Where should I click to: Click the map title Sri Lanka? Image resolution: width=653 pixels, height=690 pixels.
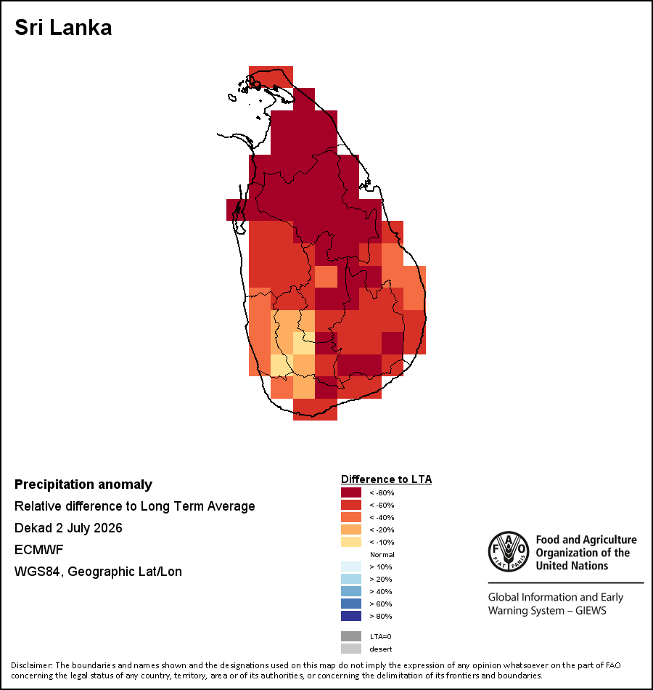pyautogui.click(x=63, y=28)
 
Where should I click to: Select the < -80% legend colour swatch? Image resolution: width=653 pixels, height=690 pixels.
pyautogui.click(x=351, y=492)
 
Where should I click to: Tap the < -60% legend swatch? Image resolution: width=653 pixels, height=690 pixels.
pyautogui.click(x=351, y=505)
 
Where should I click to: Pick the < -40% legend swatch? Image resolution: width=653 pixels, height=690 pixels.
pyautogui.click(x=351, y=517)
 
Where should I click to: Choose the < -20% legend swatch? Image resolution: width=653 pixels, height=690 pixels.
pyautogui.click(x=351, y=529)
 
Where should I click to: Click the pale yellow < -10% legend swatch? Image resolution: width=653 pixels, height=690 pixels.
pyautogui.click(x=351, y=542)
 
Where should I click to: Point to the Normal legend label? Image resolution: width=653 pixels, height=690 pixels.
pyautogui.click(x=382, y=554)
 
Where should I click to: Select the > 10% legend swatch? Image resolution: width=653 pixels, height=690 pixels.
pyautogui.click(x=351, y=567)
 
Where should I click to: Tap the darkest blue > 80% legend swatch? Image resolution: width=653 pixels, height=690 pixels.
pyautogui.click(x=351, y=616)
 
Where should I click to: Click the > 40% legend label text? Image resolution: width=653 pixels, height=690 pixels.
pyautogui.click(x=381, y=591)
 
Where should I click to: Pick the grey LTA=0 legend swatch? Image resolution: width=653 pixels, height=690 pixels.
pyautogui.click(x=351, y=636)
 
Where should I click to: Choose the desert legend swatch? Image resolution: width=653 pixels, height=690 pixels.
pyautogui.click(x=351, y=649)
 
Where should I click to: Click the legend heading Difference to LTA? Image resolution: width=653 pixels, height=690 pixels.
pyautogui.click(x=386, y=479)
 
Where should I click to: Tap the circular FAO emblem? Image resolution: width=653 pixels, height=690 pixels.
pyautogui.click(x=509, y=551)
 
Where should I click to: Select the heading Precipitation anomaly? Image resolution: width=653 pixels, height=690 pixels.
pyautogui.click(x=83, y=484)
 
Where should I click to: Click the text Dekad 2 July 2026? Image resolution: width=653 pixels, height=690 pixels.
pyautogui.click(x=68, y=527)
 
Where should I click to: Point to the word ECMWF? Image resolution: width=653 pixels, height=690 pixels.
pyautogui.click(x=38, y=550)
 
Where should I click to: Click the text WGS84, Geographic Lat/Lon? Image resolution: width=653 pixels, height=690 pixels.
pyautogui.click(x=98, y=572)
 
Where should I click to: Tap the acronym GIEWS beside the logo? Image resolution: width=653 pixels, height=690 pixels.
pyautogui.click(x=591, y=611)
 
